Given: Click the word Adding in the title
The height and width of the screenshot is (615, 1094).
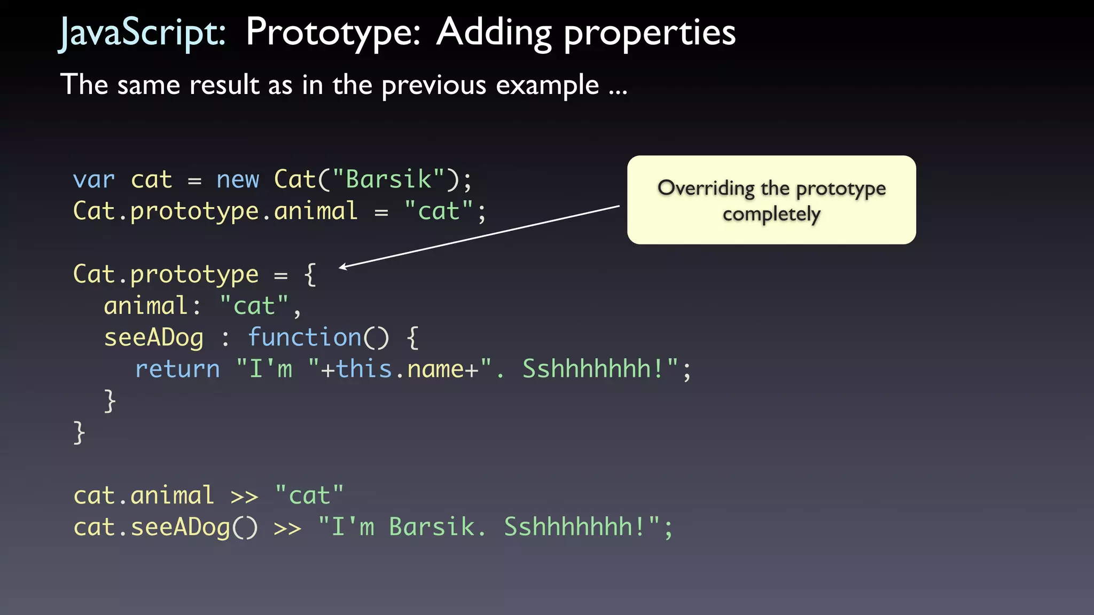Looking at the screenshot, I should click(x=494, y=33).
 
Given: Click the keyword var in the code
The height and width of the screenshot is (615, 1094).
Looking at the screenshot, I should click(x=93, y=180).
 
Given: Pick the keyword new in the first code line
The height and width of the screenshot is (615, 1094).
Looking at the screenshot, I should click(x=238, y=180).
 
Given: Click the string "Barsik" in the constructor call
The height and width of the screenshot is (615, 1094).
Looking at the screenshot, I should click(x=388, y=180).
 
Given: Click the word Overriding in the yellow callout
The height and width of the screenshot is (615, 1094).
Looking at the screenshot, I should click(x=706, y=188).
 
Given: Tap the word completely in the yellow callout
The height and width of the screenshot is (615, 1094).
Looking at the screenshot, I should click(x=771, y=215).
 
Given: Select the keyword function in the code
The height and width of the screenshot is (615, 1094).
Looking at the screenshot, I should click(x=304, y=338).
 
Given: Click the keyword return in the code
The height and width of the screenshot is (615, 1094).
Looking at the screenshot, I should click(x=177, y=369).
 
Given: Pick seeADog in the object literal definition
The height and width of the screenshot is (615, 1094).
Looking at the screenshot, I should click(x=154, y=338).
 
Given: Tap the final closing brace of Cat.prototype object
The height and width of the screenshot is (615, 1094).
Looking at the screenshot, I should click(x=79, y=432).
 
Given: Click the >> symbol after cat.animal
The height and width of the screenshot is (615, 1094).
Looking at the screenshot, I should click(x=244, y=496).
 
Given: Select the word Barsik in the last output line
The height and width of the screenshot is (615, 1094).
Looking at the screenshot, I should click(x=432, y=527).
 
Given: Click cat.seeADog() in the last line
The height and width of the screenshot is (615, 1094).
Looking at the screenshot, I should click(x=166, y=527).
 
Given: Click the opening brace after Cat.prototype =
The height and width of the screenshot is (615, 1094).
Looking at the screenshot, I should click(x=310, y=275).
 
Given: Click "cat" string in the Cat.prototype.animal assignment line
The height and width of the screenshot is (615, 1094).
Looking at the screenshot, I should click(x=439, y=211).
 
